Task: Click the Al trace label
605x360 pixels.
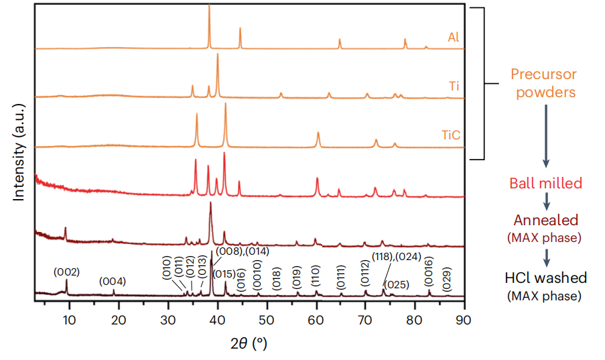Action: tap(454, 38)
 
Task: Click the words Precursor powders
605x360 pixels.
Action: tap(543, 83)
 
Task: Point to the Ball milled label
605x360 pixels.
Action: tap(545, 183)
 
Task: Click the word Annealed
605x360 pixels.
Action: tap(545, 221)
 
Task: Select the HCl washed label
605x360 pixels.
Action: tap(545, 277)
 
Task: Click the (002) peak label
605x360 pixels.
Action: tap(67, 272)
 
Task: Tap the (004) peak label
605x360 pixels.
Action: tap(113, 281)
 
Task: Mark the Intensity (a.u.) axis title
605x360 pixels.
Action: tap(19, 152)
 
